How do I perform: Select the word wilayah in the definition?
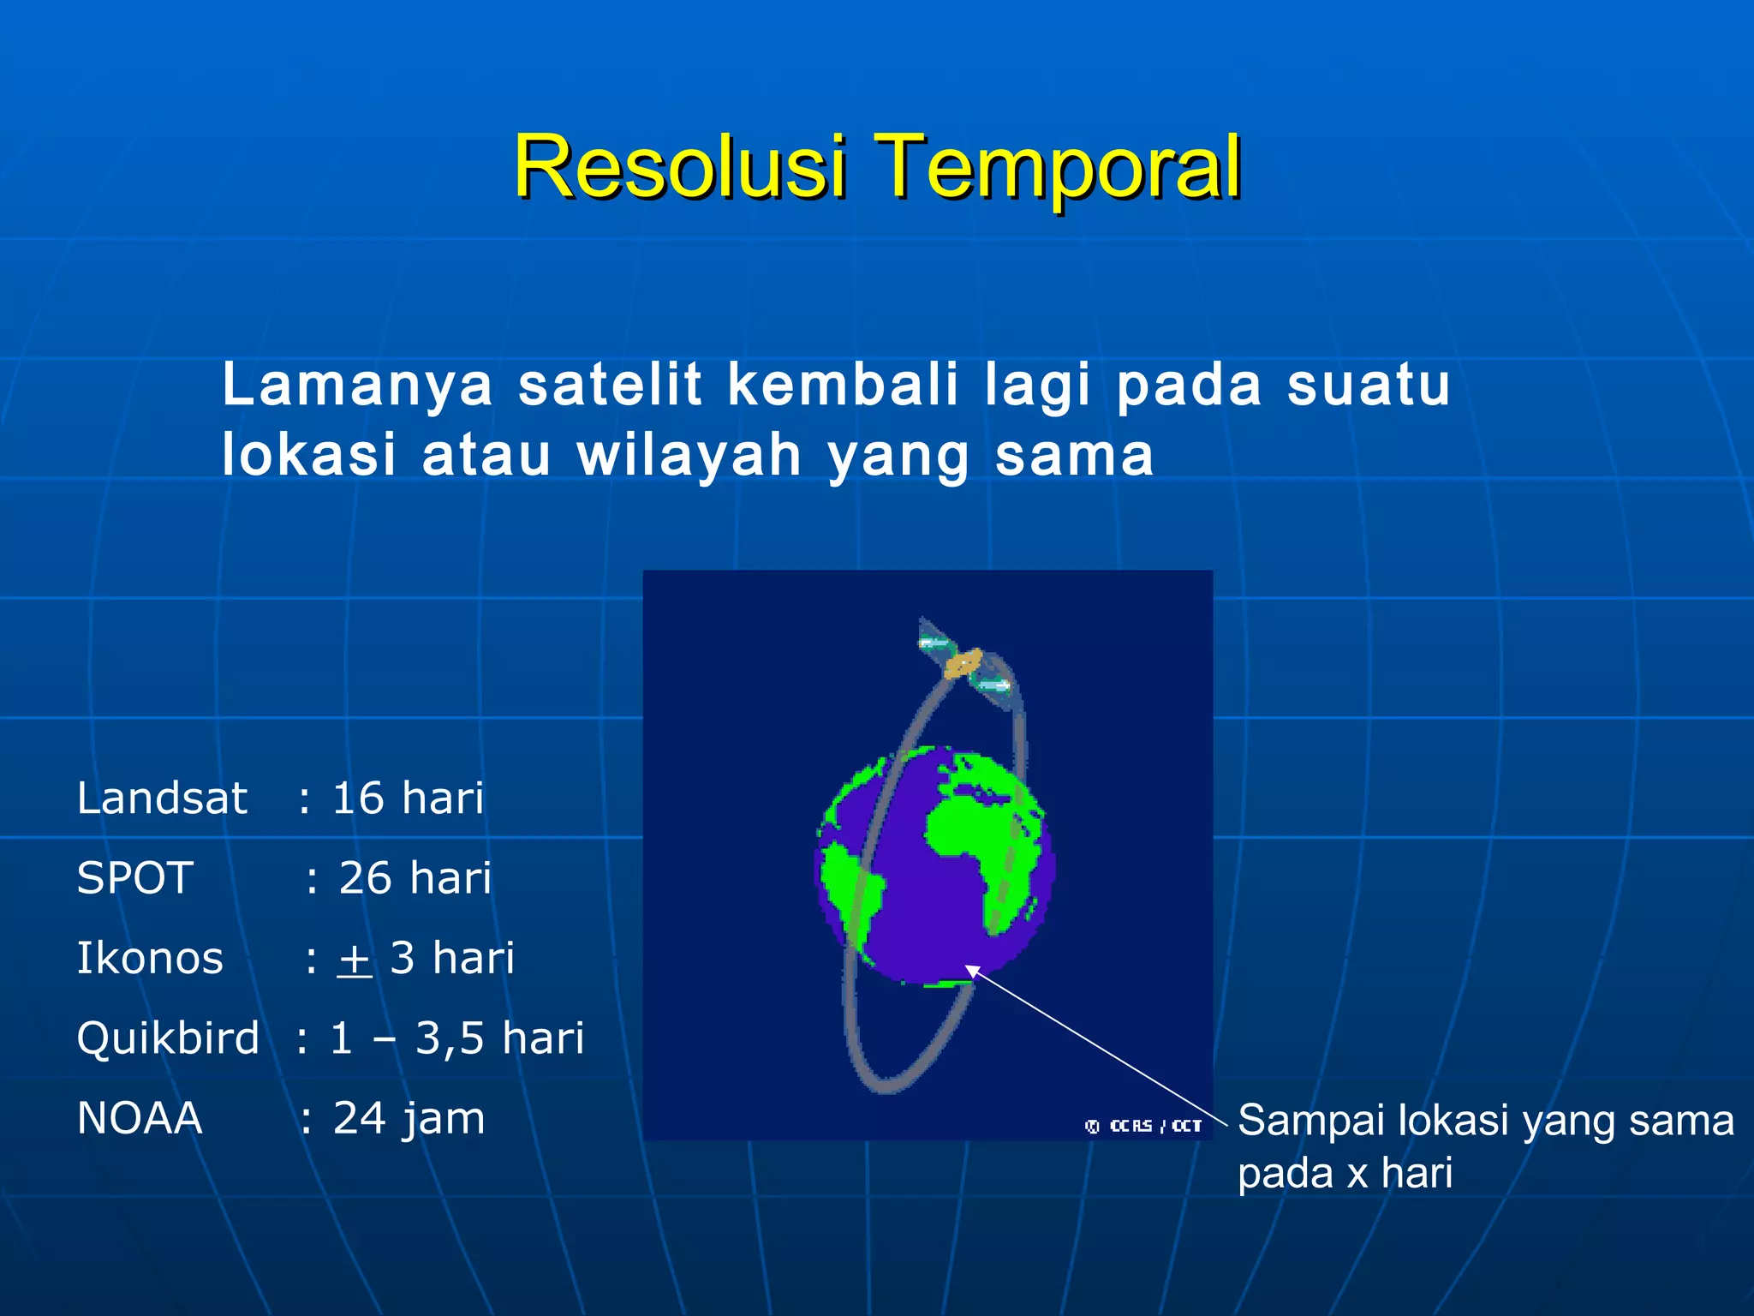coord(689,455)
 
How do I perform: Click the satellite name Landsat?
coord(162,799)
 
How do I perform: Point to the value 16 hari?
coord(408,799)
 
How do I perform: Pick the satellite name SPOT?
coord(134,878)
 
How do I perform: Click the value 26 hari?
coord(415,878)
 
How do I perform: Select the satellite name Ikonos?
coord(150,958)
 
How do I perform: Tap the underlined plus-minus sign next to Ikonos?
coord(355,960)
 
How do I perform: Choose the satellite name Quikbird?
coord(168,1038)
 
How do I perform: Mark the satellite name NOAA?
coord(140,1118)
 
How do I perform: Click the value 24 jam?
coord(409,1118)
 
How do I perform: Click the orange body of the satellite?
coord(964,662)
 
